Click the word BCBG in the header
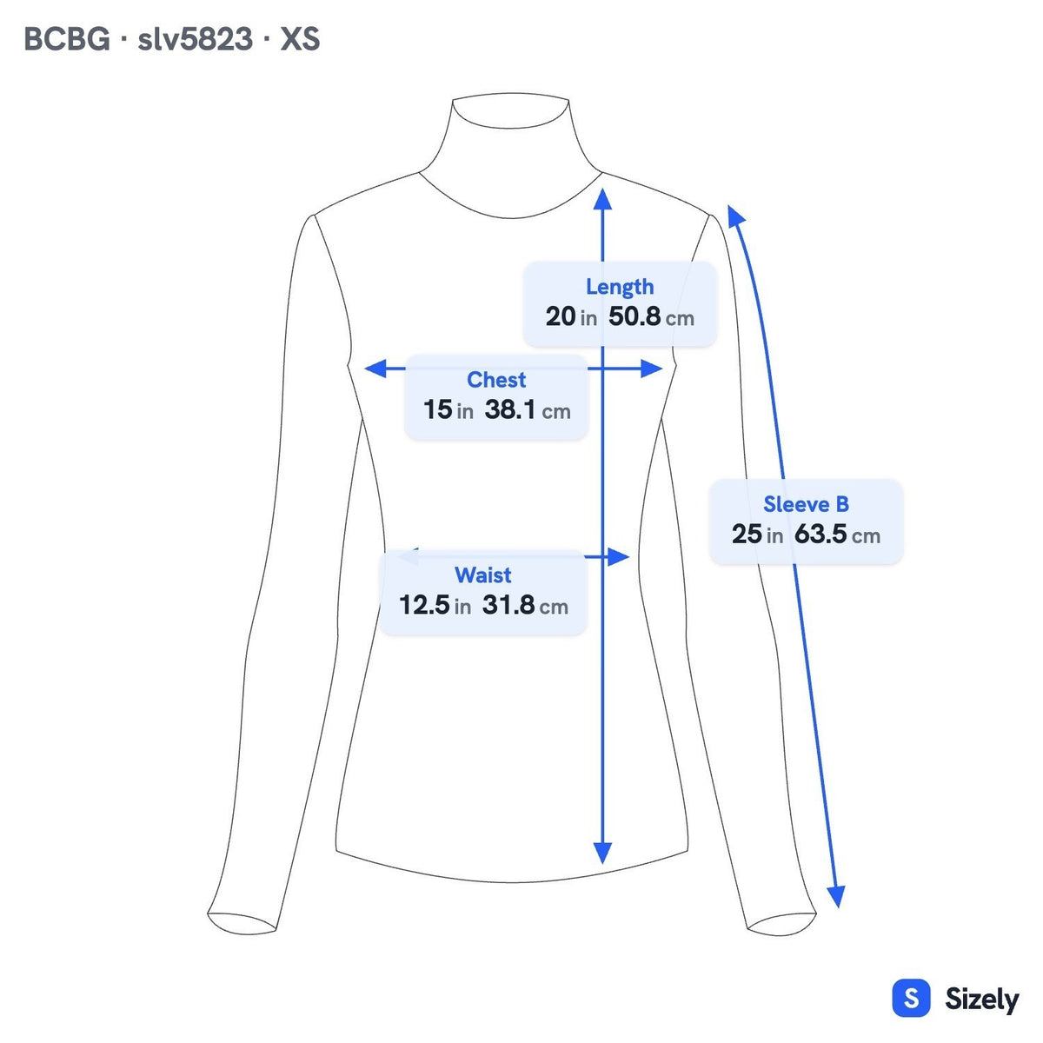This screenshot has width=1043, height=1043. [67, 39]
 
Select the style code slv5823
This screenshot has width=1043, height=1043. [195, 39]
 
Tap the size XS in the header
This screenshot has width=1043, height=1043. [300, 39]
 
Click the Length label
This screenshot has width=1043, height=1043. [620, 288]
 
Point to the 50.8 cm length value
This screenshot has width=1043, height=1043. [651, 316]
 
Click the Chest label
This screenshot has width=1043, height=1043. [496, 380]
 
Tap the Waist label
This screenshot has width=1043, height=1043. [482, 575]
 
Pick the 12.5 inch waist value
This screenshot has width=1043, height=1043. [424, 605]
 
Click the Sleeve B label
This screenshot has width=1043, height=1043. [806, 504]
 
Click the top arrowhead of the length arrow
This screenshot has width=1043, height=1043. [602, 199]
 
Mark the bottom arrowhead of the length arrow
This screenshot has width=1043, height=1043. [602, 854]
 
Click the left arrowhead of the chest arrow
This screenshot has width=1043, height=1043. [375, 369]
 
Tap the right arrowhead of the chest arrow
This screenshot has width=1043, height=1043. [651, 369]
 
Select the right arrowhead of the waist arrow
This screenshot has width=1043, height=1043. [618, 556]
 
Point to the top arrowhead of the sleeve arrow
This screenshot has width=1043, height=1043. [735, 215]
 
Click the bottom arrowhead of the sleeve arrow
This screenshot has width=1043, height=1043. [836, 896]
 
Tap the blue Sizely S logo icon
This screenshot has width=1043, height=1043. [912, 998]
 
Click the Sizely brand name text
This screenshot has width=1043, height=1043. [982, 1000]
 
